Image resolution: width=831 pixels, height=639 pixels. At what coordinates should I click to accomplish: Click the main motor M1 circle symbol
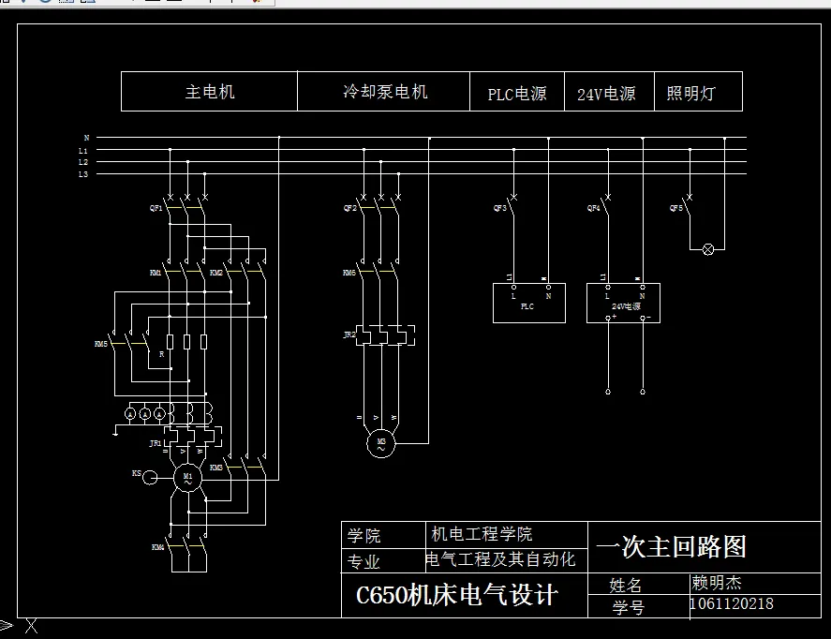tap(187, 478)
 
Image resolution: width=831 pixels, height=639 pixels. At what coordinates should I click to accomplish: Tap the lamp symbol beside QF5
tap(708, 249)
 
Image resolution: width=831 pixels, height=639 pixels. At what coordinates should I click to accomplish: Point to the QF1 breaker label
tap(156, 208)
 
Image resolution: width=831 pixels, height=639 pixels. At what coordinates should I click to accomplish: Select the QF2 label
tap(349, 208)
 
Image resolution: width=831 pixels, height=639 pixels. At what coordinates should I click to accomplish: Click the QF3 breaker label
tap(499, 208)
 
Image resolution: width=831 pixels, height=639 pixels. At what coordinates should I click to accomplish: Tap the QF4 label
tap(593, 208)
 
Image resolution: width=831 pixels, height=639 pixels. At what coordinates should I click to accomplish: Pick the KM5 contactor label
tap(101, 344)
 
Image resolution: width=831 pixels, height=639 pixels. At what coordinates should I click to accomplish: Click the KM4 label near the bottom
tap(157, 545)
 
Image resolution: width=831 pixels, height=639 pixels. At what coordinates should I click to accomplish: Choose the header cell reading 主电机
tap(209, 92)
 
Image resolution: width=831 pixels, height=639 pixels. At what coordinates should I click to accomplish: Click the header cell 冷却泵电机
tap(384, 92)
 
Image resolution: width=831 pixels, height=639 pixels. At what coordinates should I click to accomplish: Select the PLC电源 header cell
tap(516, 94)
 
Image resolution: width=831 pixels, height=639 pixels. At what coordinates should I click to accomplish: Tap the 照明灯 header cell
tap(690, 93)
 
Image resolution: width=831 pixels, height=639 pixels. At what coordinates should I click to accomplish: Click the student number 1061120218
tap(732, 604)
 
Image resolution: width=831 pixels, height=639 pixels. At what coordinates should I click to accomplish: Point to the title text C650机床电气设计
tap(456, 595)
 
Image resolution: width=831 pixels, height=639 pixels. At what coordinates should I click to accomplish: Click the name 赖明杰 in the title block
tap(716, 583)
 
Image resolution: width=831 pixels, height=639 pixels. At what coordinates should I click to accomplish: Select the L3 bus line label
tap(83, 174)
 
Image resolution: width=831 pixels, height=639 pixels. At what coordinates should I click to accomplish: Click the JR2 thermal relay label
tap(349, 334)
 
